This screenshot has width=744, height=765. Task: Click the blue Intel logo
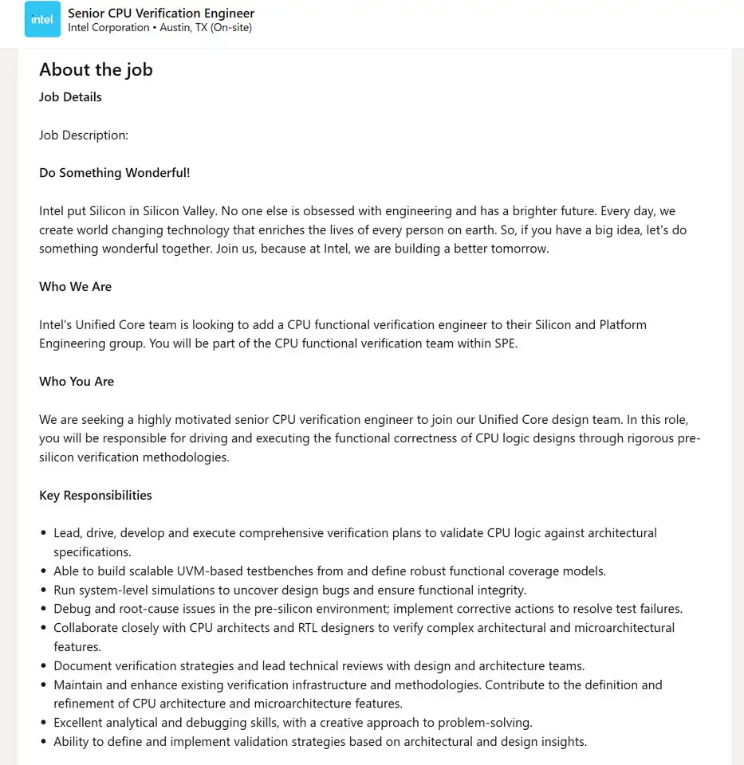click(42, 20)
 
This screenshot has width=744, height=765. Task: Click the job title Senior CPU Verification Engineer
click(161, 13)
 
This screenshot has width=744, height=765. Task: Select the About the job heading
click(96, 70)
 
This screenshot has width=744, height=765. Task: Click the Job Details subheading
click(70, 97)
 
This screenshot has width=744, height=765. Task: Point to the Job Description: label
click(84, 135)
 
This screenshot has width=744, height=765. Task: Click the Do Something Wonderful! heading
click(114, 173)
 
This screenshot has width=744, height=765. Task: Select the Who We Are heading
click(75, 287)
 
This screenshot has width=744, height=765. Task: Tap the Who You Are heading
click(77, 382)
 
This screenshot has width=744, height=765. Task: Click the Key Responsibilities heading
click(95, 496)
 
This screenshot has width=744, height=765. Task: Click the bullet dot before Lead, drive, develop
click(43, 533)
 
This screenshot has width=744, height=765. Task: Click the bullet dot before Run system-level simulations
click(43, 590)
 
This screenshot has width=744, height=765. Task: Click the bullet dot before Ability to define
click(43, 742)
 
